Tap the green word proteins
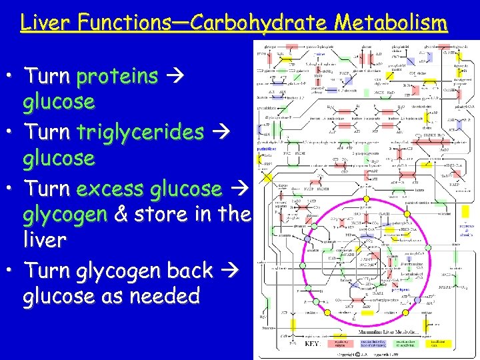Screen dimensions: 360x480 [117, 77]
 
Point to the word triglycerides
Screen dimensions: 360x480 [141, 132]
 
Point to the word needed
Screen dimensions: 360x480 [165, 295]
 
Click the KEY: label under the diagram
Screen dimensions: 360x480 [313, 345]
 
